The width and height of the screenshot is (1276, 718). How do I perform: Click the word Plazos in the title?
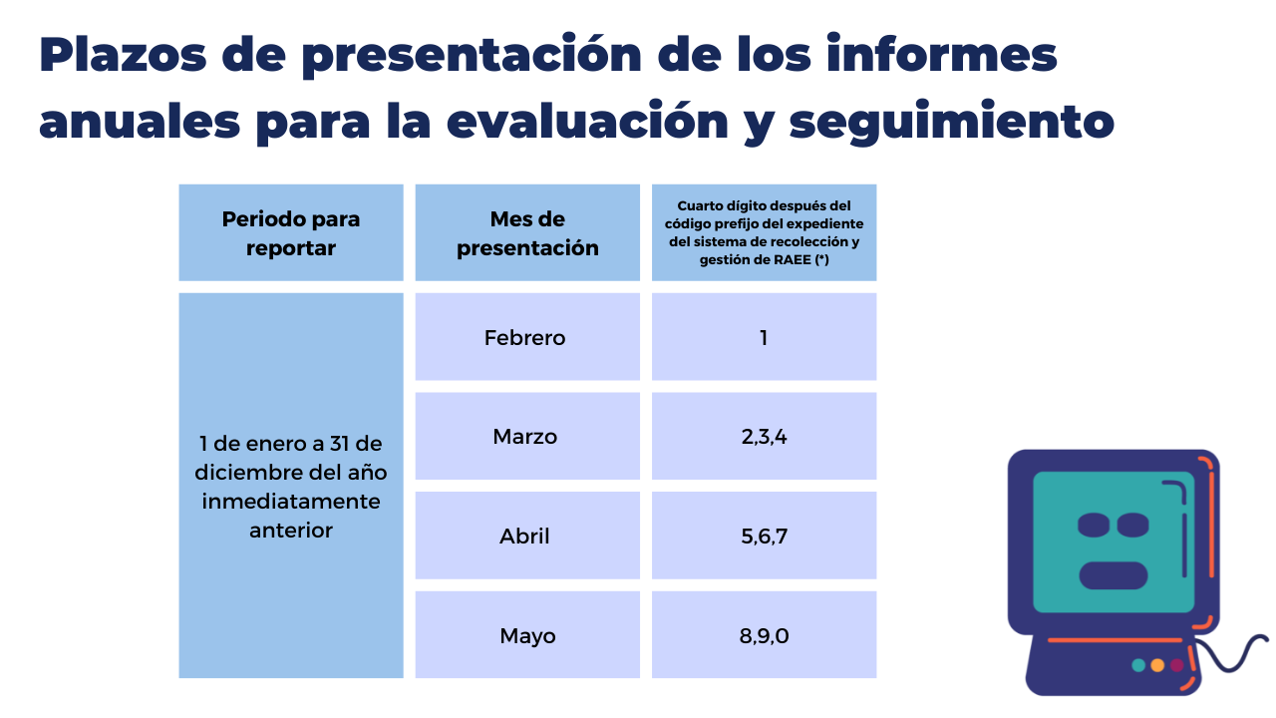tap(123, 55)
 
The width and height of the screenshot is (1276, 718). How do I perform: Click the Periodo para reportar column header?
tap(291, 232)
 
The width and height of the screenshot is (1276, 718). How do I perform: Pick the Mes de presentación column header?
tap(527, 232)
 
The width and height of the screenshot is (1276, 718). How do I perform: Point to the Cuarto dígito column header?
tap(764, 232)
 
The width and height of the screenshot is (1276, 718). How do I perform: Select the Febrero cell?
tap(527, 337)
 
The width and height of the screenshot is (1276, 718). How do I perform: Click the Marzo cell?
tap(527, 436)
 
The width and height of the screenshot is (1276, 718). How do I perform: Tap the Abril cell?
tap(527, 536)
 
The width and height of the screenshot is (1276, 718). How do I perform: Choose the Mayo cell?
tap(527, 635)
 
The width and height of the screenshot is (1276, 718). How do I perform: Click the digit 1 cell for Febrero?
tap(764, 337)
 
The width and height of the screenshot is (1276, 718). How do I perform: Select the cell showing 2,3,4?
tap(764, 436)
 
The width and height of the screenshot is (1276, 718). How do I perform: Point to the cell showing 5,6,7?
tap(764, 536)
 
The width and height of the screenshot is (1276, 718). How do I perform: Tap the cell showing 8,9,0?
tap(764, 635)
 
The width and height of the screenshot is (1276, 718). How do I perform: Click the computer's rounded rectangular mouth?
tap(1114, 575)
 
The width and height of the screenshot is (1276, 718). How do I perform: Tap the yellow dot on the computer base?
tap(1157, 665)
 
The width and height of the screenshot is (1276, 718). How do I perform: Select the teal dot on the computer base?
tap(1138, 665)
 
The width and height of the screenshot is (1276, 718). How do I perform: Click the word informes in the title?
tap(942, 54)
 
